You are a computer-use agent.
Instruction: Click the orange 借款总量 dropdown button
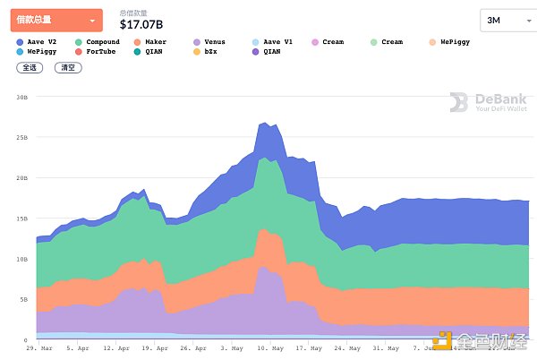(56, 20)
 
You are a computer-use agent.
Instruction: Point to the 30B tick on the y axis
(21, 97)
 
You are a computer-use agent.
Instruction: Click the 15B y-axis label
(21, 219)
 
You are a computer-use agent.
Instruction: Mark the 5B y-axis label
(23, 300)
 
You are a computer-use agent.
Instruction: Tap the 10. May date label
(269, 348)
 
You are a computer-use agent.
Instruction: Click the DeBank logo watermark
(489, 103)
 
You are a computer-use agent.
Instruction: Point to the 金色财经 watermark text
(490, 341)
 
